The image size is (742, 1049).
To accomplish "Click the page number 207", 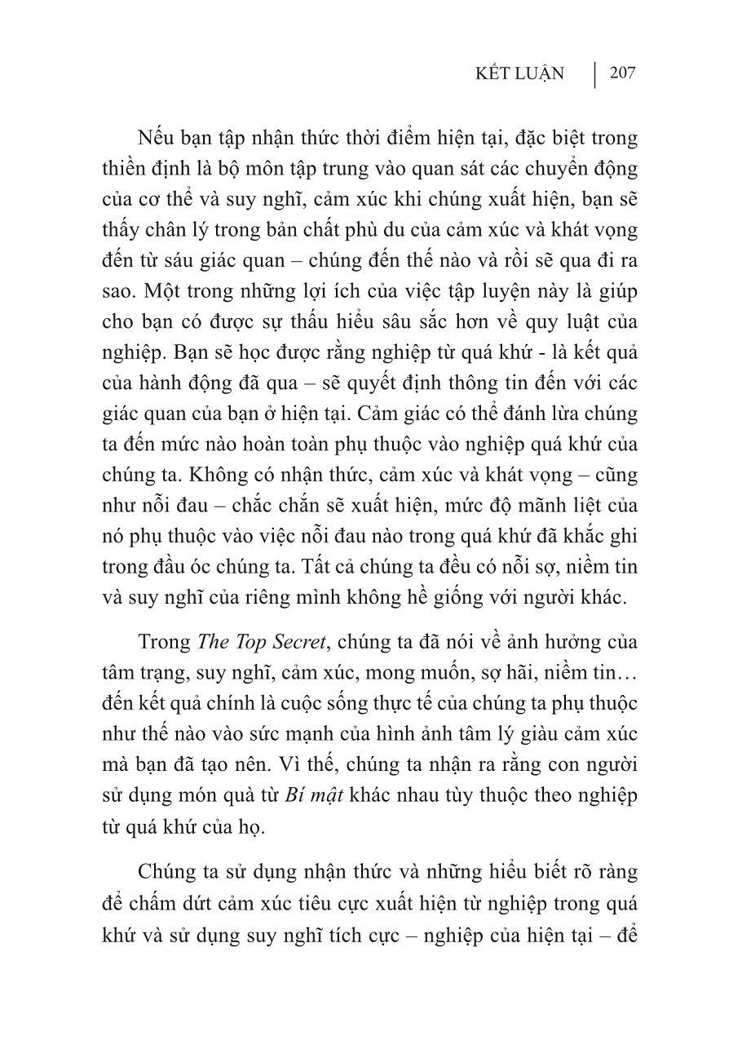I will (x=622, y=73).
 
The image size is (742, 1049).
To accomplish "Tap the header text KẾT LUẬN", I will (x=519, y=74).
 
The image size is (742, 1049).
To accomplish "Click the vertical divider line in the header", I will (x=594, y=74).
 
